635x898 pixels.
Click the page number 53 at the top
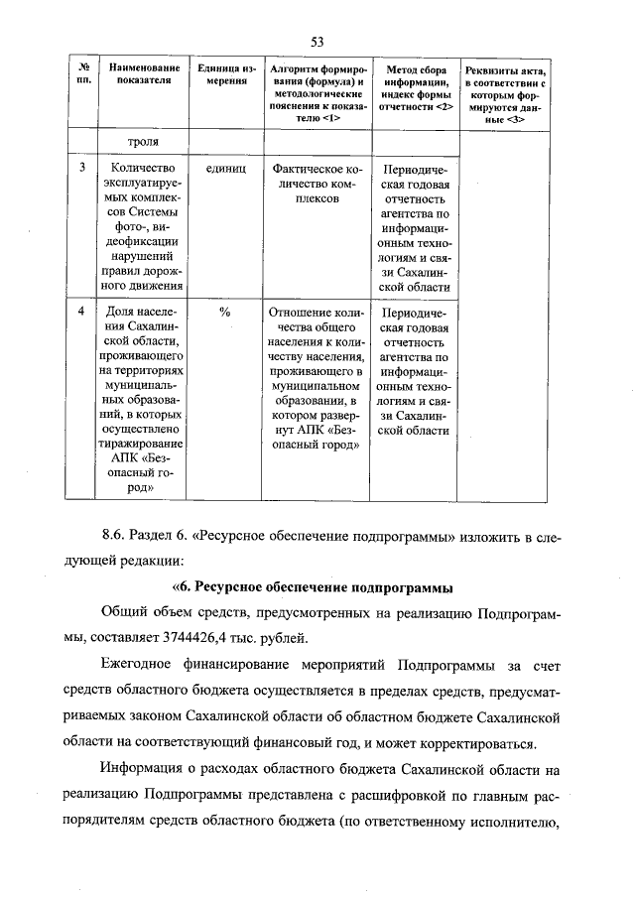tap(317, 41)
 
